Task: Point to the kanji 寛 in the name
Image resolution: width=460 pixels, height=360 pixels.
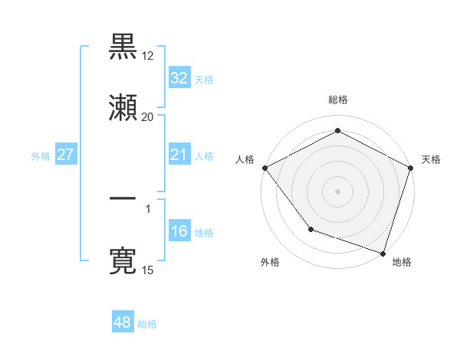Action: [x=123, y=261]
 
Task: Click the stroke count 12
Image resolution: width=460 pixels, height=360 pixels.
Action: [x=147, y=55]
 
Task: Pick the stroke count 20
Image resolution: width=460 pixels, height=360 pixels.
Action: [x=147, y=117]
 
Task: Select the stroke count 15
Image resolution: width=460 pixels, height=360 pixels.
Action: [x=147, y=270]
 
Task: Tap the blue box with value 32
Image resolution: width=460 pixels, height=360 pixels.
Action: [x=179, y=78]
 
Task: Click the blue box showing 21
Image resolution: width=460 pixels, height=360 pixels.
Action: [x=179, y=155]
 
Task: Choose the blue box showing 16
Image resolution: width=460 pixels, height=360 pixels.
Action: [x=179, y=231]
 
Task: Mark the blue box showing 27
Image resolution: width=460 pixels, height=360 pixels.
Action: [x=65, y=155]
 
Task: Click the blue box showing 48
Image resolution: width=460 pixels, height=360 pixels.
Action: [x=123, y=322]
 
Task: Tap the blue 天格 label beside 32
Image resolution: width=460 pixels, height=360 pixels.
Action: [x=204, y=80]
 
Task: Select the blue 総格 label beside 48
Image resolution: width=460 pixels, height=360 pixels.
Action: [x=147, y=324]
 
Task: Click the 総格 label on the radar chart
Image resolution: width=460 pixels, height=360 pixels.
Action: [x=337, y=100]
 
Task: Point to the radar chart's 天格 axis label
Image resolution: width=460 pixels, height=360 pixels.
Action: [x=431, y=159]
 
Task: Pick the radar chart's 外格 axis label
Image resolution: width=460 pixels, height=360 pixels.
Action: [x=270, y=262]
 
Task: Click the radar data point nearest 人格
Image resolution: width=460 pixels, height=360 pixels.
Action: [x=264, y=168]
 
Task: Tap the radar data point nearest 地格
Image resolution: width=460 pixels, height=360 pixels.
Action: [x=383, y=252]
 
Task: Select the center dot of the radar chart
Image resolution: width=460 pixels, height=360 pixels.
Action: [x=337, y=191]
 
